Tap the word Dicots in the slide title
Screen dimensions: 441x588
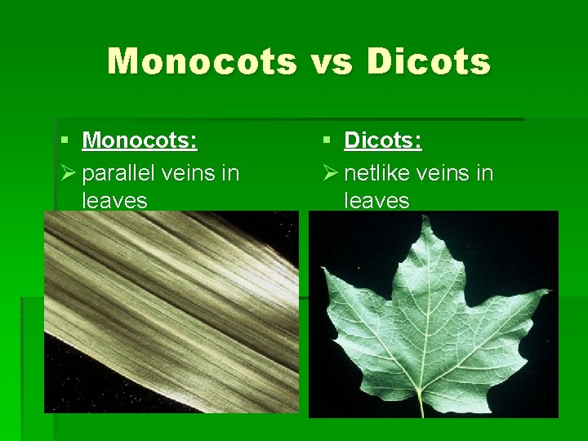430,61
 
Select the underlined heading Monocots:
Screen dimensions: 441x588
140,140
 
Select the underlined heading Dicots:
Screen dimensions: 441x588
383,140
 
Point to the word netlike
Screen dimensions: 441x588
378,172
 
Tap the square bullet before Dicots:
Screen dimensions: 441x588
327,141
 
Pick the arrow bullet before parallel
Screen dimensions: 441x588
69,172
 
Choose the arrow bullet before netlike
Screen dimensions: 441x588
330,172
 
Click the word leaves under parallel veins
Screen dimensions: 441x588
114,200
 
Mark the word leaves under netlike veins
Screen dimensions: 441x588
376,200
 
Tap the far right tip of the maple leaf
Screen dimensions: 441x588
549,289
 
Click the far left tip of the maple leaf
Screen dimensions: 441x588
324,269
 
